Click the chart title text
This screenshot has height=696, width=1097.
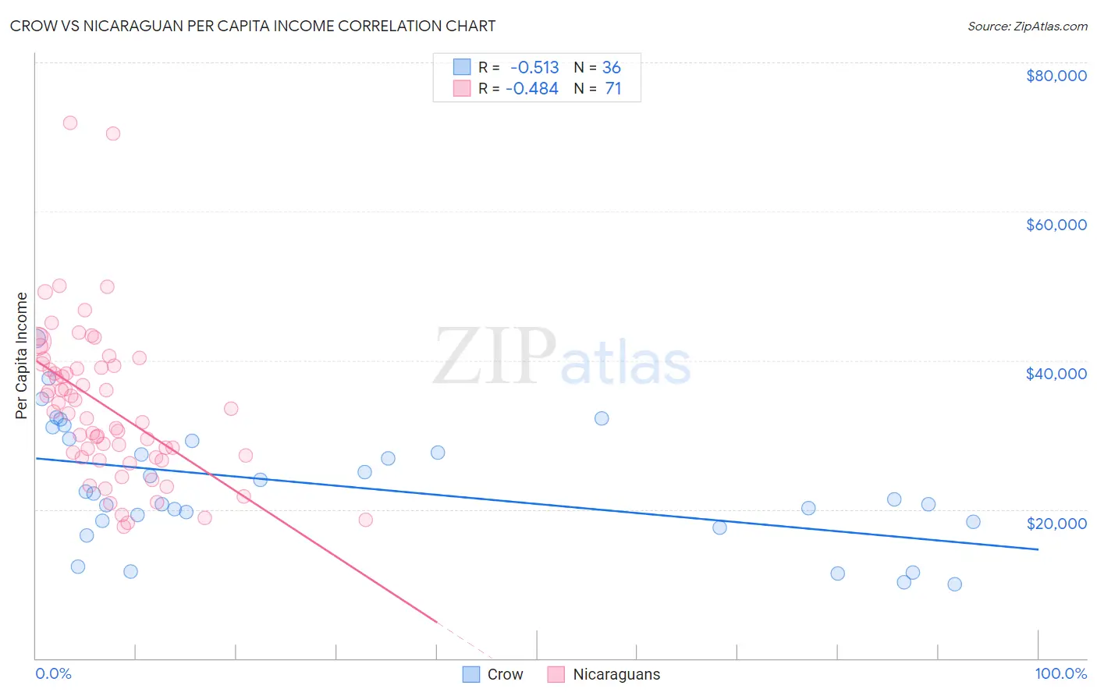[253, 26]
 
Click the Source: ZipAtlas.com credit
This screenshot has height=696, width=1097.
[1027, 27]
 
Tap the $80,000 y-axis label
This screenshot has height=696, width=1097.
[1056, 76]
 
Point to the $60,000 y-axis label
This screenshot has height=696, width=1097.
[1056, 225]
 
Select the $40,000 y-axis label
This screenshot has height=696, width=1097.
[1056, 374]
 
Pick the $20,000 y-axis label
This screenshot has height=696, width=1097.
[1056, 523]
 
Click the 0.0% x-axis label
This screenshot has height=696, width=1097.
[53, 673]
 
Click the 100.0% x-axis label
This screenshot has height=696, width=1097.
[1060, 673]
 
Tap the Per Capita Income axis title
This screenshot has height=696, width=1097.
[22, 355]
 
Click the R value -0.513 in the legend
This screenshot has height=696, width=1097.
[534, 68]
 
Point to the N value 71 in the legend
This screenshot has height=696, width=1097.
[613, 89]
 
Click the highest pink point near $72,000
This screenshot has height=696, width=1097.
[70, 123]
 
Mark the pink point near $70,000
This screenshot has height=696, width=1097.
[113, 133]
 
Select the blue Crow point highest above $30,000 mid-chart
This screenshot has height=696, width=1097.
[602, 418]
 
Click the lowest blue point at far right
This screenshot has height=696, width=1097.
[954, 584]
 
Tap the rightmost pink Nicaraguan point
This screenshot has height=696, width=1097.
[365, 520]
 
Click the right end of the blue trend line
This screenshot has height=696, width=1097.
[1038, 549]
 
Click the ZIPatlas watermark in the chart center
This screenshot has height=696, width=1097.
[562, 357]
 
